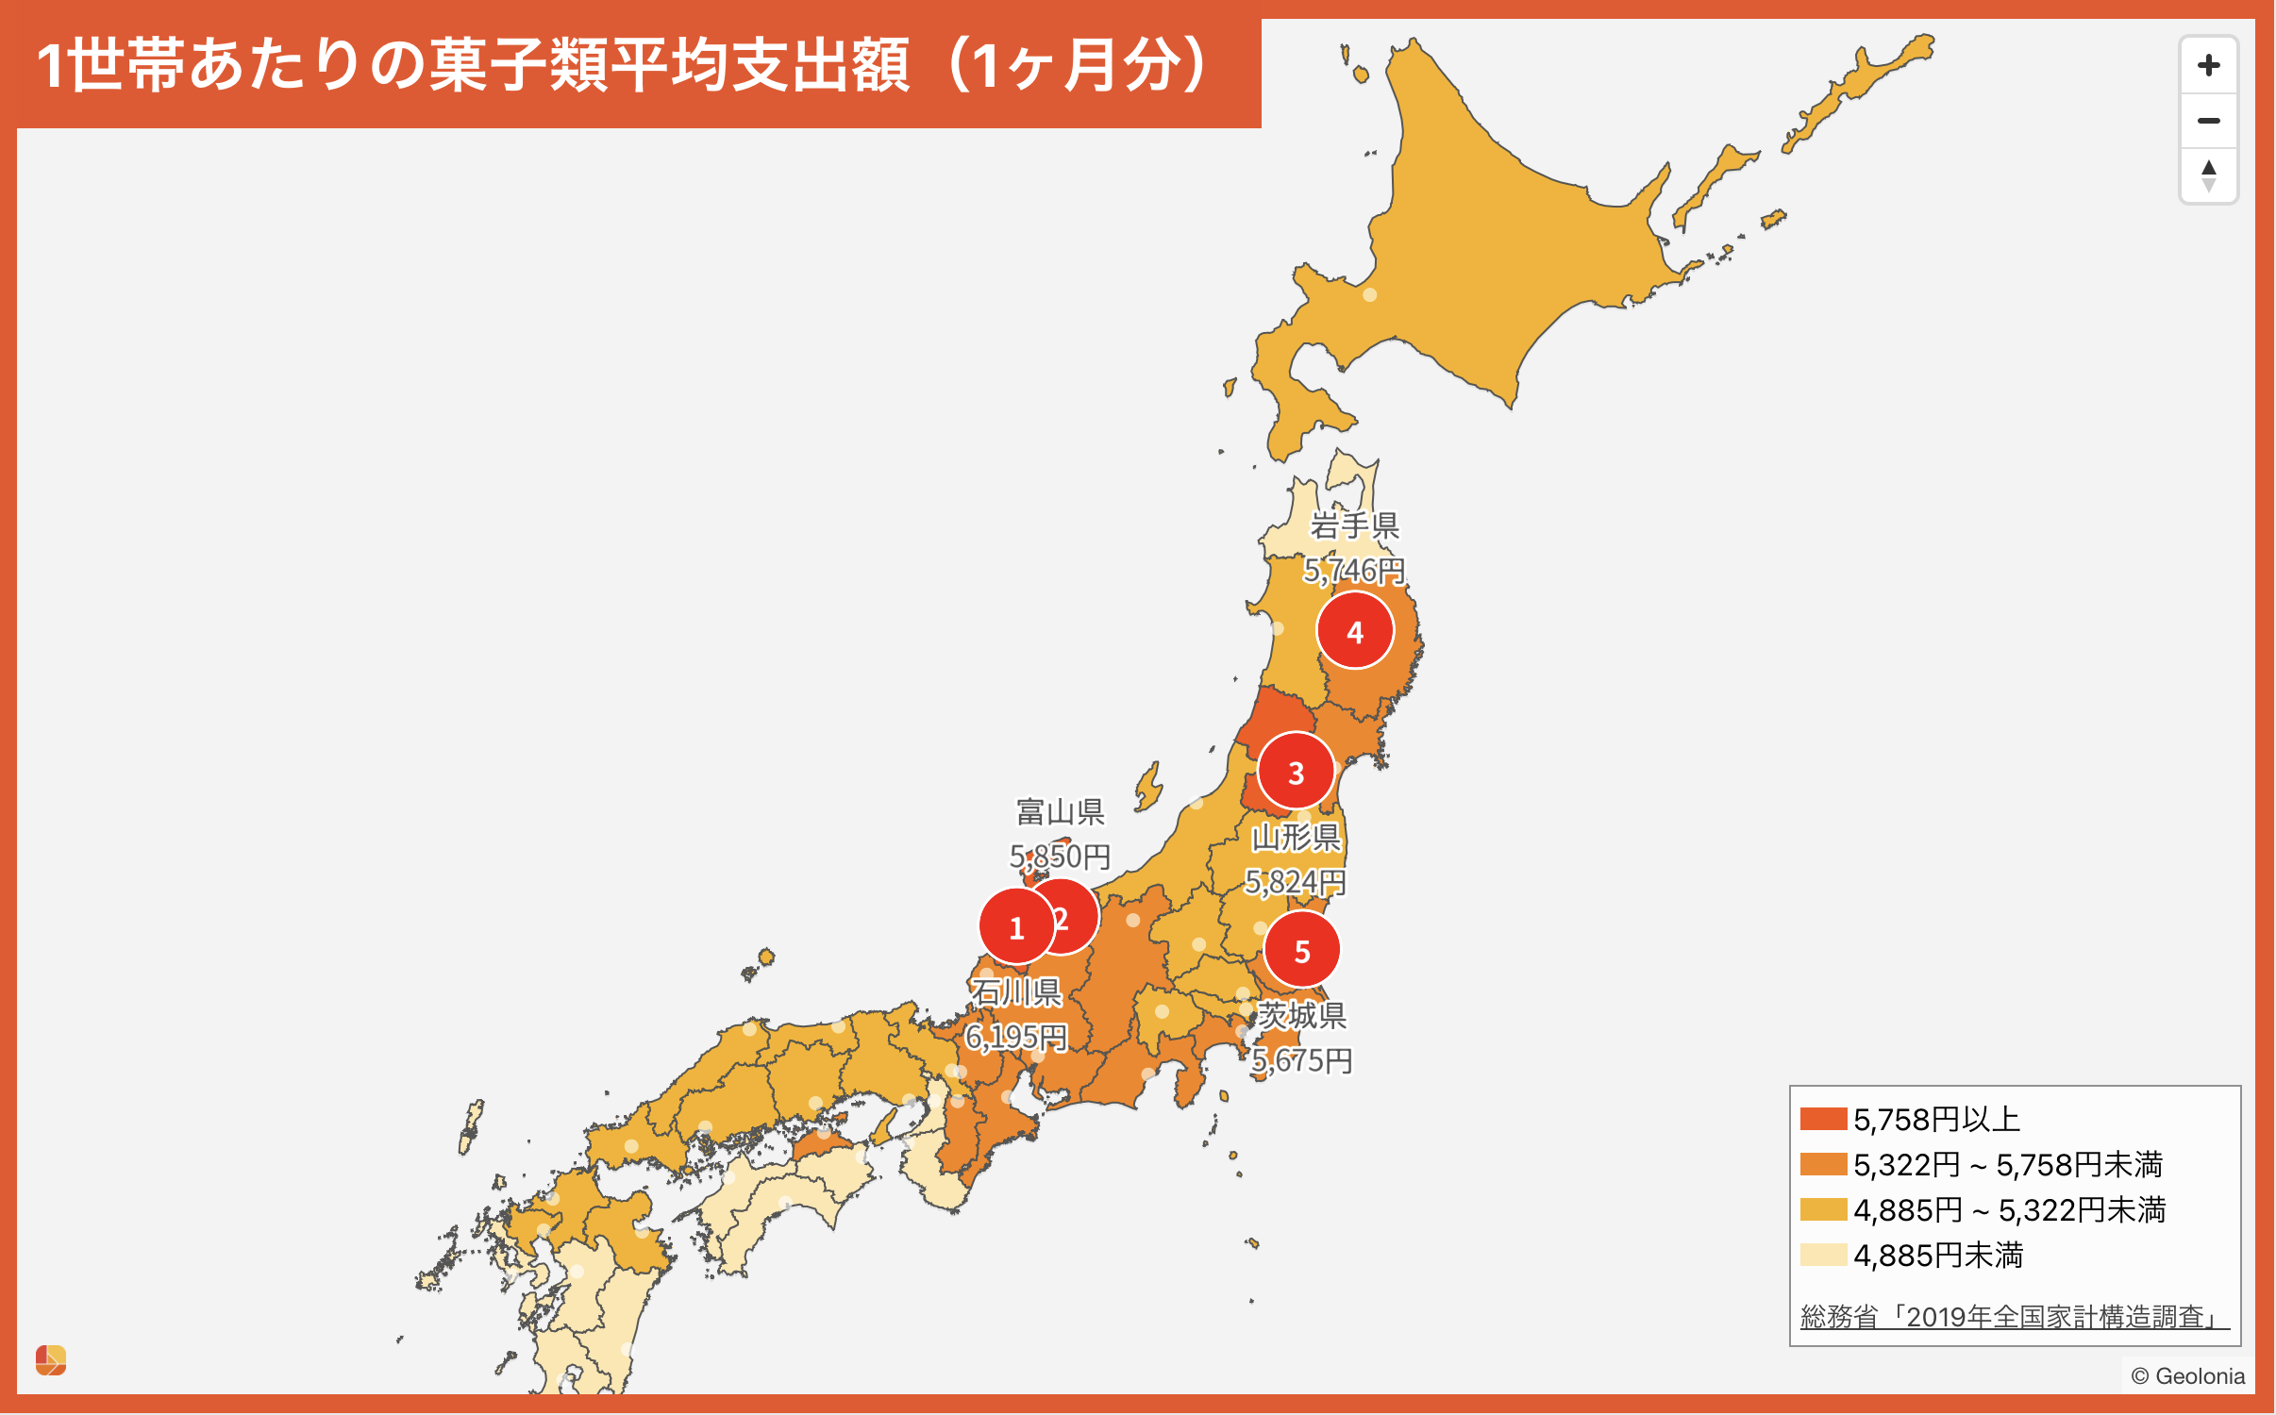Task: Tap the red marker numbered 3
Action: pyautogui.click(x=1296, y=773)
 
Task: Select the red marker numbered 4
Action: pyautogui.click(x=1355, y=631)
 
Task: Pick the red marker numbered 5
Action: pyautogui.click(x=1302, y=951)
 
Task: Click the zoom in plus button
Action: pyautogui.click(x=2208, y=65)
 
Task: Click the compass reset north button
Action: pyautogui.click(x=2208, y=175)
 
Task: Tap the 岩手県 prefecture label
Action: pyautogui.click(x=1355, y=525)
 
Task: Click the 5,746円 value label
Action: pyautogui.click(x=1355, y=571)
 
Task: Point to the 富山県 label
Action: pyautogui.click(x=1061, y=811)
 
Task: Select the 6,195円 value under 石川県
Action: pyautogui.click(x=1016, y=1037)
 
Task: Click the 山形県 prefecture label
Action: pyautogui.click(x=1296, y=837)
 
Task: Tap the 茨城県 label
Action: pyautogui.click(x=1302, y=1015)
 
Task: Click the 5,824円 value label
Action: pyautogui.click(x=1296, y=882)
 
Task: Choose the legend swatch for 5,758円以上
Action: pyautogui.click(x=1823, y=1119)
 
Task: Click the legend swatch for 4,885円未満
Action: pyautogui.click(x=1823, y=1255)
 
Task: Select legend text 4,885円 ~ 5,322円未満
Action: pyautogui.click(x=2010, y=1209)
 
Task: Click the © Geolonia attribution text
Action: pyautogui.click(x=2187, y=1375)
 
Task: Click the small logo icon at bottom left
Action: pyautogui.click(x=51, y=1360)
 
